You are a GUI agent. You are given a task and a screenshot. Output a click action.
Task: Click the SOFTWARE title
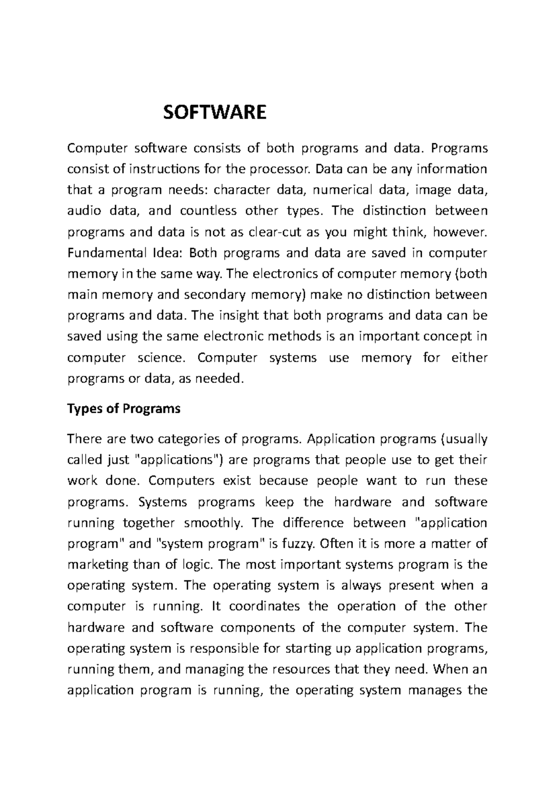215,112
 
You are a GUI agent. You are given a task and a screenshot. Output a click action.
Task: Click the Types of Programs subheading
123,409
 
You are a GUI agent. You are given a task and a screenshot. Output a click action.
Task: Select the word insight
232,316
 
